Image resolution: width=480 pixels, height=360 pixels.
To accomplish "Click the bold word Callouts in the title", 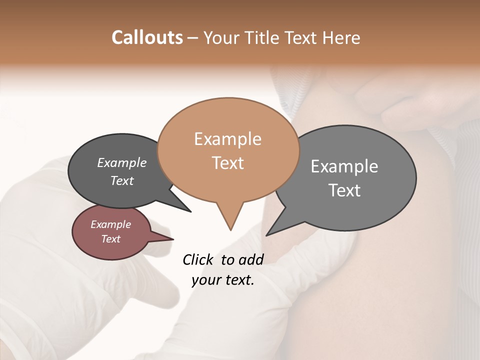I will tap(147, 37).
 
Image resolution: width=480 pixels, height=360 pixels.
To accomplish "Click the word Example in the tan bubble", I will tap(227, 139).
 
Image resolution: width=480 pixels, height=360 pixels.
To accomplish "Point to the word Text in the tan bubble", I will tap(227, 163).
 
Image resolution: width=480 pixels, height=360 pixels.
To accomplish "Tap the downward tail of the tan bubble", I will tap(230, 220).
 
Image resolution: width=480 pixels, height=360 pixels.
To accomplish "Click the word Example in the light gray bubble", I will tap(344, 166).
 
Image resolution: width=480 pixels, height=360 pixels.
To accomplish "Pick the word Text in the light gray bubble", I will tap(344, 190).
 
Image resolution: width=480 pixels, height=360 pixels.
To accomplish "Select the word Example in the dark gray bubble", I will tap(122, 163).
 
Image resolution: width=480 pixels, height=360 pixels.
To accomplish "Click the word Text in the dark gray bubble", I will tap(122, 181).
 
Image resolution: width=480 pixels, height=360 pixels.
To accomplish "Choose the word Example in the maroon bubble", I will tap(110, 224).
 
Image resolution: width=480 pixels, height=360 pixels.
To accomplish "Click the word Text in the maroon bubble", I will tap(110, 239).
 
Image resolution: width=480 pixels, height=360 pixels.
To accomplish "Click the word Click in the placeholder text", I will tap(198, 259).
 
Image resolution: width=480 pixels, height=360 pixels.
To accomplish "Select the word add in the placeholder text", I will tap(251, 259).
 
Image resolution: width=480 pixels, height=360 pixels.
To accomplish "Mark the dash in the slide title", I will tap(193, 38).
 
